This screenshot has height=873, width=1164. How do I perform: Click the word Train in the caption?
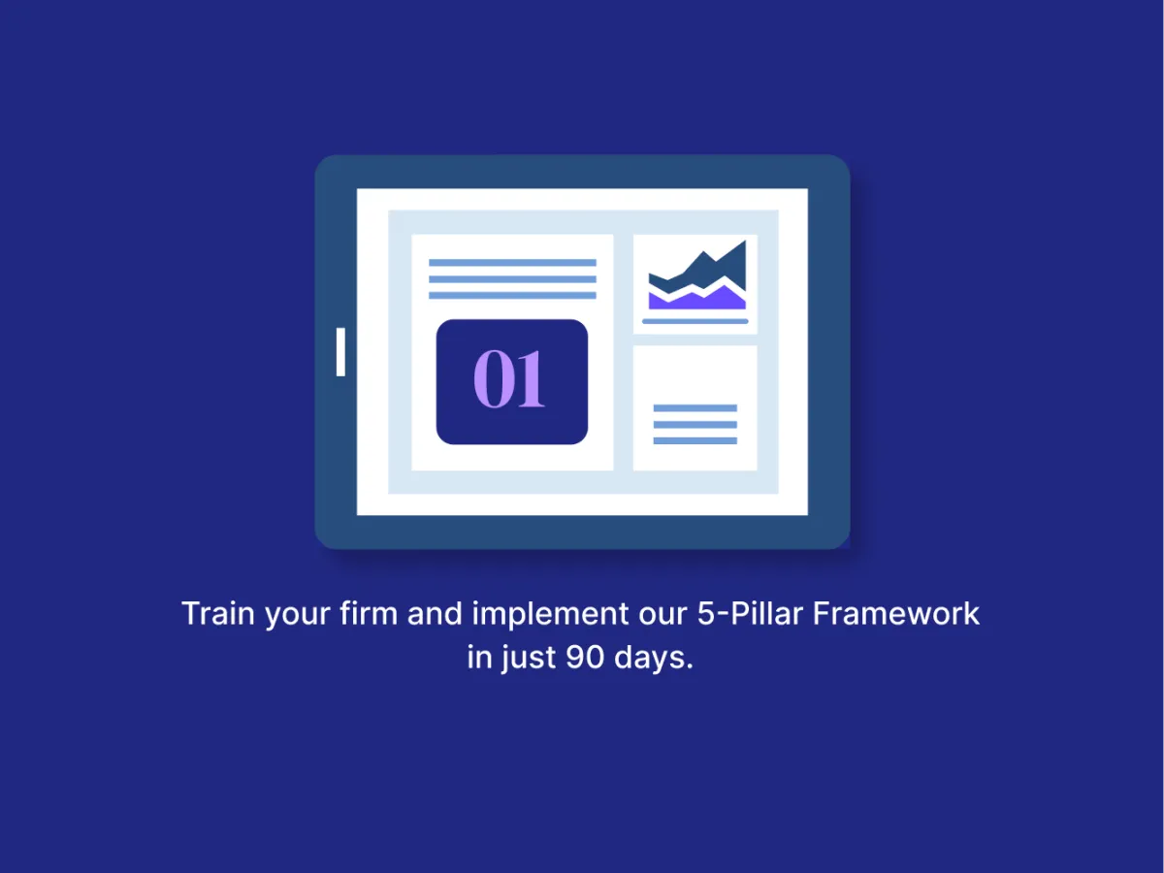[218, 613]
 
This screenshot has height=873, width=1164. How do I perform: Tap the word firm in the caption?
[369, 613]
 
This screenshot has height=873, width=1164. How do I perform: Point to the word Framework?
[895, 613]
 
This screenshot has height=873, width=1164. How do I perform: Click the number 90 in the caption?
[585, 658]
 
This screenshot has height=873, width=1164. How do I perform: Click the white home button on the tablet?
[340, 352]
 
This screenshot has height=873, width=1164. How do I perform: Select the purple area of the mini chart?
[697, 300]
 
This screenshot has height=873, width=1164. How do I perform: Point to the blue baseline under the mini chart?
[695, 321]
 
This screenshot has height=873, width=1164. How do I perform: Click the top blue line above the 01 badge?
[512, 262]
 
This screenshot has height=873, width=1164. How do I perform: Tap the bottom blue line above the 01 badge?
[512, 295]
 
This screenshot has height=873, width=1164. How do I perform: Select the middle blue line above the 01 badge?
[512, 278]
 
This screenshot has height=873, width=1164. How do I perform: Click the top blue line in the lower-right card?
[695, 408]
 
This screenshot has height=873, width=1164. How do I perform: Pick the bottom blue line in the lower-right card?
[695, 440]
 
